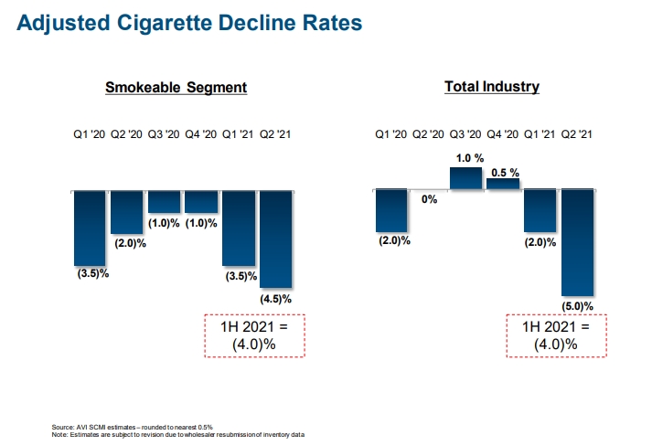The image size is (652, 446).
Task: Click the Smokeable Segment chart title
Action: coord(176,88)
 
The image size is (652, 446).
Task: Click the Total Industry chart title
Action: coord(492,87)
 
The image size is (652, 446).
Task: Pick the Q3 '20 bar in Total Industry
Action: coord(465,177)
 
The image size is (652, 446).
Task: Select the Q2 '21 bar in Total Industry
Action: coord(577,242)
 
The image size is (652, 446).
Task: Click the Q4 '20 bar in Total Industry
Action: coord(503,184)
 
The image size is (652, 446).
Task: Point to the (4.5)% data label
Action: coord(275,299)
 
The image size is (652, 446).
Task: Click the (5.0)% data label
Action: coord(578,306)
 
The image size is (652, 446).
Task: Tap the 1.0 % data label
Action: coord(467,158)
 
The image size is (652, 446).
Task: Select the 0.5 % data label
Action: coord(505,172)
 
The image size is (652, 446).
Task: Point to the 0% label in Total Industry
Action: coord(429,199)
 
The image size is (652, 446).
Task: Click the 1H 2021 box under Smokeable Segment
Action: coord(253,335)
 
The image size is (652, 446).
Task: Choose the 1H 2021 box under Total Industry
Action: coord(555,335)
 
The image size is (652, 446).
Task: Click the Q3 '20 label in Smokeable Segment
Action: coord(164,134)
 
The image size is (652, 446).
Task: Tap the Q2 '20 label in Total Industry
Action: coord(428,134)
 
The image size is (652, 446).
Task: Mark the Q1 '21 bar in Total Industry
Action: coord(540,211)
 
